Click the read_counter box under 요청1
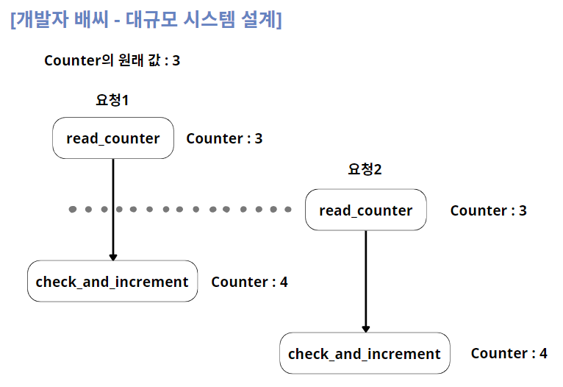point(112,138)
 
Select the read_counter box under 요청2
point(365,210)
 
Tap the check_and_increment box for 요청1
point(112,282)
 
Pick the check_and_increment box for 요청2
point(365,354)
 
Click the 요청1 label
point(112,100)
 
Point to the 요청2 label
point(365,170)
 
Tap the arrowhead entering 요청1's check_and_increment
point(112,256)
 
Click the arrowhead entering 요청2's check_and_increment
point(365,328)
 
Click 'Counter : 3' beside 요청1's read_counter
point(224,138)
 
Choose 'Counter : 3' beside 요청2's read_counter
point(488,210)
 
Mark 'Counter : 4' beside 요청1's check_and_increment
point(249,282)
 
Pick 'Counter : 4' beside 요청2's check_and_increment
point(509,354)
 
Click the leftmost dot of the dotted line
point(73,210)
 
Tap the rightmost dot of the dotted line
point(288,210)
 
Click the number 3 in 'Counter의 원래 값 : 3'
point(176,61)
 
